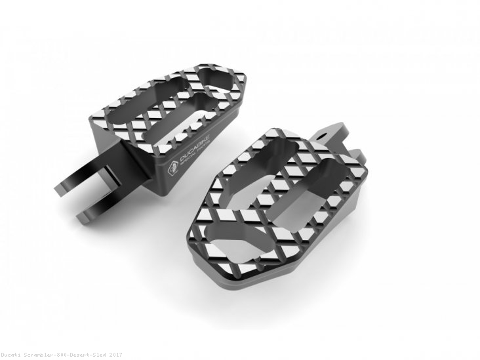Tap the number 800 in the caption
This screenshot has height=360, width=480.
pos(66,355)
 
